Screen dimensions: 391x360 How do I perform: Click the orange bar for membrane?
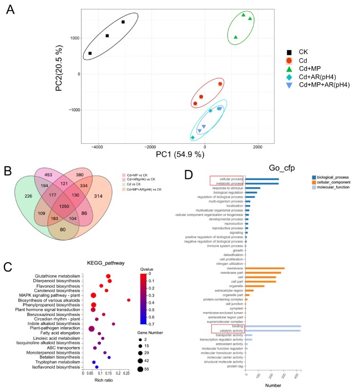265,268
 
